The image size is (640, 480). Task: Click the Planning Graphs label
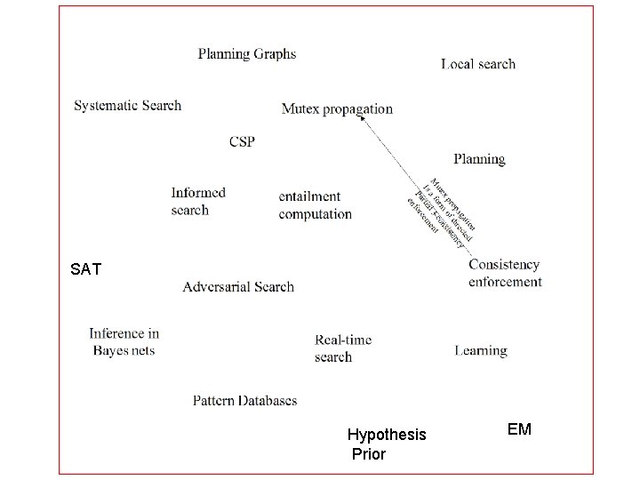246,53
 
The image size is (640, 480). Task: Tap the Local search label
477,63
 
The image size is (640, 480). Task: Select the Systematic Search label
127,105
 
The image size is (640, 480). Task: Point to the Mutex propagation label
336,108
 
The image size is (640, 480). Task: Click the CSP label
242,141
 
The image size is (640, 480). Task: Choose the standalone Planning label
479,159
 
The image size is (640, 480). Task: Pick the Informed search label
198,201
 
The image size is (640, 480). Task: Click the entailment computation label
315,204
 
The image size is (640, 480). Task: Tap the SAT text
85,268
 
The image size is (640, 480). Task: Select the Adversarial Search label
238,286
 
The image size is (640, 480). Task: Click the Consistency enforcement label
504,273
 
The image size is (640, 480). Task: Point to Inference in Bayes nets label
124,341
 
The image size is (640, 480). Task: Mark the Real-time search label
343,348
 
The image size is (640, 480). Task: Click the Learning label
480,350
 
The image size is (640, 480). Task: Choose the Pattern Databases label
244,400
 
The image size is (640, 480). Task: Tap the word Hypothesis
387,435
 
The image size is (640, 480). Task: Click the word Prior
369,454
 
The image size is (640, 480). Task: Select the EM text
519,429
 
